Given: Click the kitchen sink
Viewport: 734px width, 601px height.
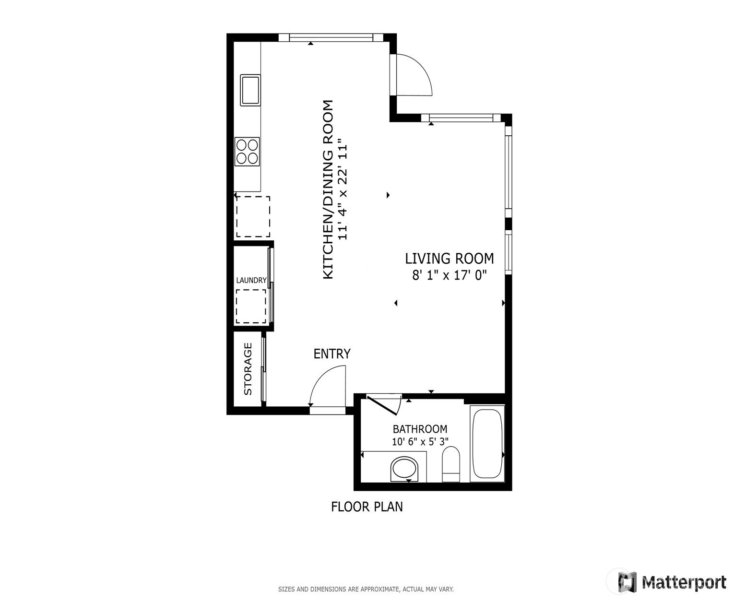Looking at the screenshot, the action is coord(250,90).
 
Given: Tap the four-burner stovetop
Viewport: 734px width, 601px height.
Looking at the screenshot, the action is coord(247,152).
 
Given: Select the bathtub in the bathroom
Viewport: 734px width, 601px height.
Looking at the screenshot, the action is coord(487,443).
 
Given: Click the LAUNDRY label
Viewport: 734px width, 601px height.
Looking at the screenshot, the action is coord(251,280).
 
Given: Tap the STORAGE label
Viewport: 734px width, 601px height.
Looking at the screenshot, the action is coord(248,369).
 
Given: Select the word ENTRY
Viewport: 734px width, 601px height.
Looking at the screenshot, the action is coord(331,354).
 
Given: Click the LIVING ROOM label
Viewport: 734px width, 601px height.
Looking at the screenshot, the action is coord(450,259).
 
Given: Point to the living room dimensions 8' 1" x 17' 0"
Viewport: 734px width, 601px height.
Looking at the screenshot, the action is coord(449,275).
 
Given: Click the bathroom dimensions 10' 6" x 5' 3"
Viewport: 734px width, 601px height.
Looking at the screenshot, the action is coord(420,442).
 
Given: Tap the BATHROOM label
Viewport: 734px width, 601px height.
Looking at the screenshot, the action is coord(420,429).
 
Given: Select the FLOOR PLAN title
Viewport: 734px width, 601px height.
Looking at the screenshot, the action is coord(367,507).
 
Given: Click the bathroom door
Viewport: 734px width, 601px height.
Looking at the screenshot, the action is coord(382,405).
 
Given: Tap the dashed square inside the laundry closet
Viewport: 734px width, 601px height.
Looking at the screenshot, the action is coord(251,306).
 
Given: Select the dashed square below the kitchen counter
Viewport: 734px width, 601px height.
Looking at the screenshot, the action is coord(253,216).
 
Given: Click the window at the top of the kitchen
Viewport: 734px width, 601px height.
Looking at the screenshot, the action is coord(331,37).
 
